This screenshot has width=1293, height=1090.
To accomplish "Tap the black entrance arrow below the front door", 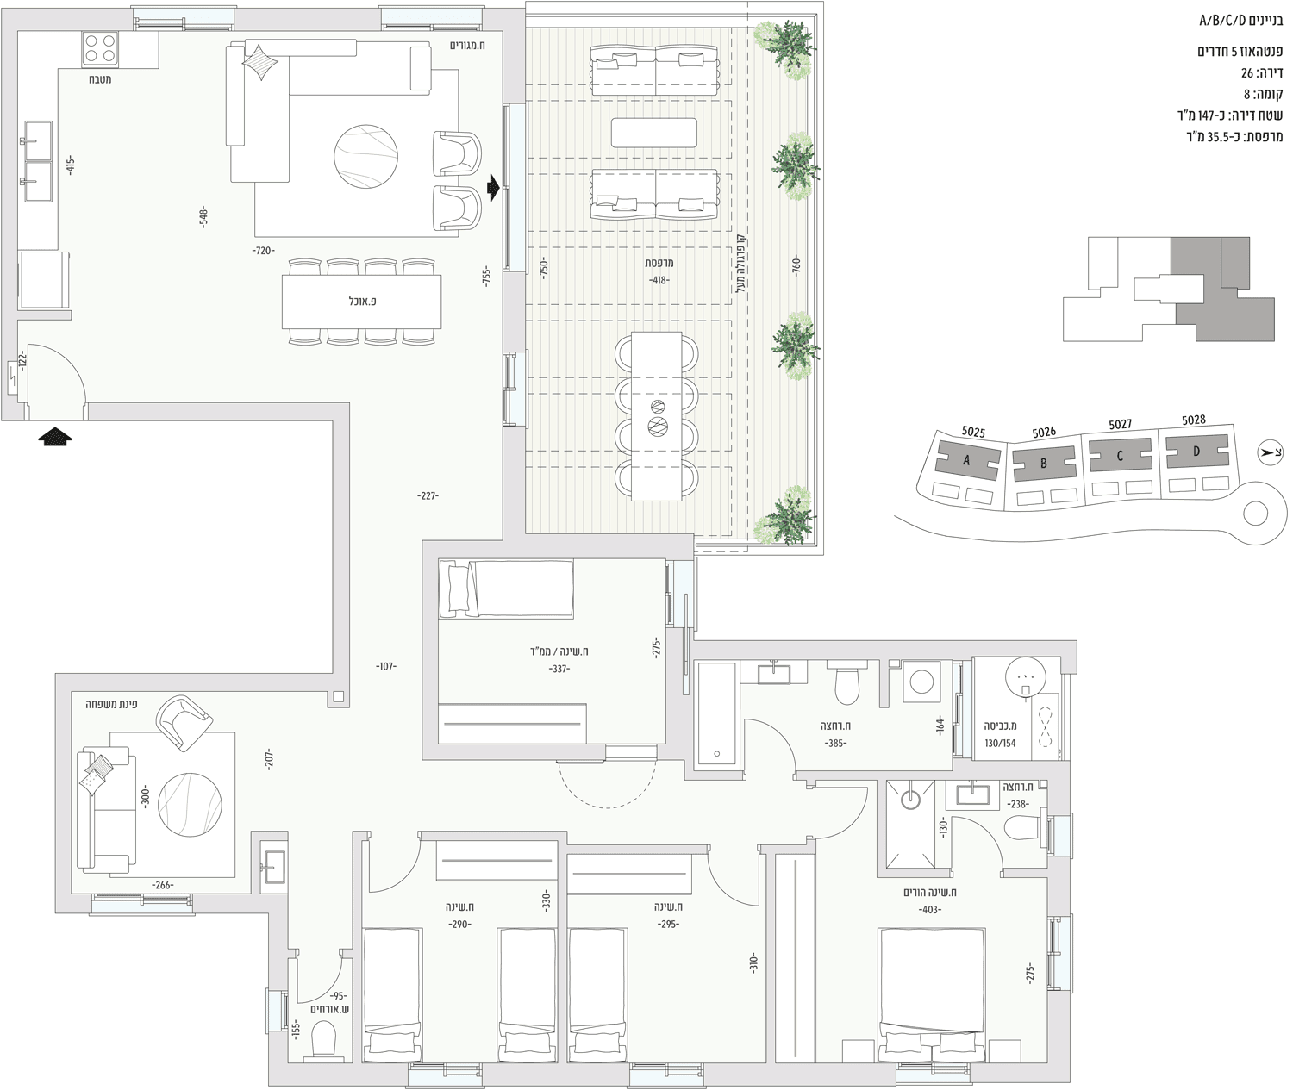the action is [x=55, y=436].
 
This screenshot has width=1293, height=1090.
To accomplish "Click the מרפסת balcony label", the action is [x=659, y=263].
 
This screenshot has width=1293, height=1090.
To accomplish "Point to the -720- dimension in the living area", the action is [x=263, y=251].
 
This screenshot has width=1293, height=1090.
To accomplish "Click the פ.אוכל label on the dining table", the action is [x=362, y=302].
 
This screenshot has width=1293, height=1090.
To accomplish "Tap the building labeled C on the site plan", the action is [x=1121, y=456].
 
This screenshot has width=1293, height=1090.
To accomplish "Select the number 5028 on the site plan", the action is [x=1193, y=420].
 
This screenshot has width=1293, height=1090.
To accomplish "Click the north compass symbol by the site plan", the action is [x=1270, y=453].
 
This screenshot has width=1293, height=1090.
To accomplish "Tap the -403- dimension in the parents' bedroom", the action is [x=930, y=909].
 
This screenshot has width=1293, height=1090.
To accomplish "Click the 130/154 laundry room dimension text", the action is [x=1000, y=743].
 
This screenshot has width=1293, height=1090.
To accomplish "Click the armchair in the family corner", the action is [x=184, y=723].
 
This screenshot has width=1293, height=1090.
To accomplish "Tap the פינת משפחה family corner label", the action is [x=111, y=704].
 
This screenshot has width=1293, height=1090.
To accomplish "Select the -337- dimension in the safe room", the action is [x=559, y=669].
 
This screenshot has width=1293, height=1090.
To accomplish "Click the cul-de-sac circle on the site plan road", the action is [x=1256, y=514].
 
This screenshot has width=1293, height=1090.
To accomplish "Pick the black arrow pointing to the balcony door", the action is [x=494, y=188].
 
